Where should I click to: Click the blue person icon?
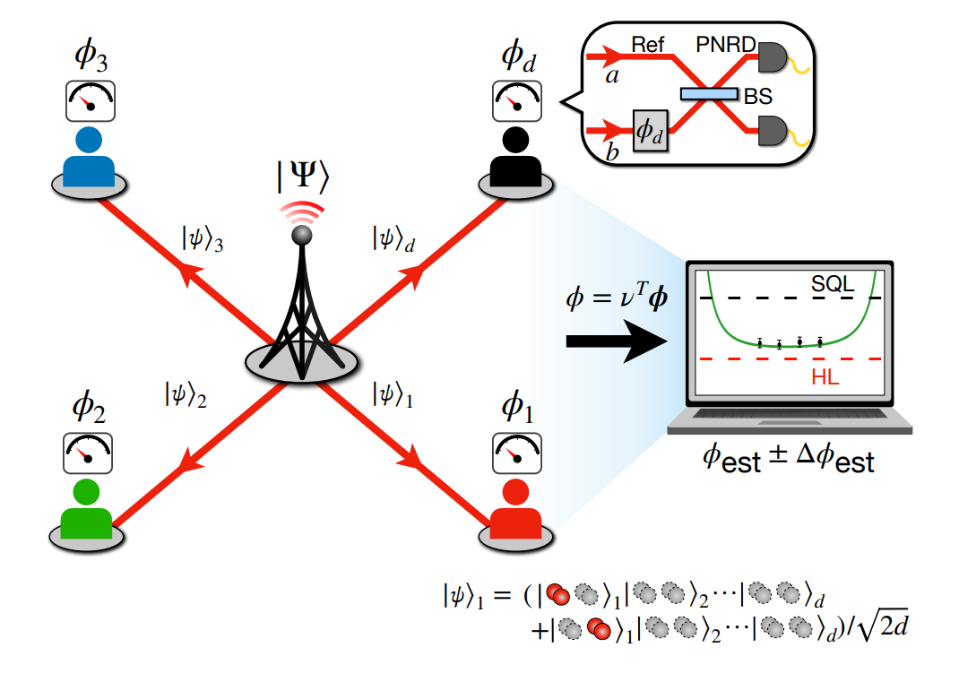pyautogui.click(x=88, y=157)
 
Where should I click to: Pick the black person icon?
pyautogui.click(x=515, y=157)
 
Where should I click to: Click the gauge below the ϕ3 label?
pyautogui.click(x=87, y=100)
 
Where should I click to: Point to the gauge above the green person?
pyautogui.click(x=87, y=451)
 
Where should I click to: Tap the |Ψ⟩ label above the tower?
pyautogui.click(x=301, y=173)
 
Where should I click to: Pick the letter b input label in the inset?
pyautogui.click(x=611, y=152)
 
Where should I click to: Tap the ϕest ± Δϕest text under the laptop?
pyautogui.click(x=788, y=462)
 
